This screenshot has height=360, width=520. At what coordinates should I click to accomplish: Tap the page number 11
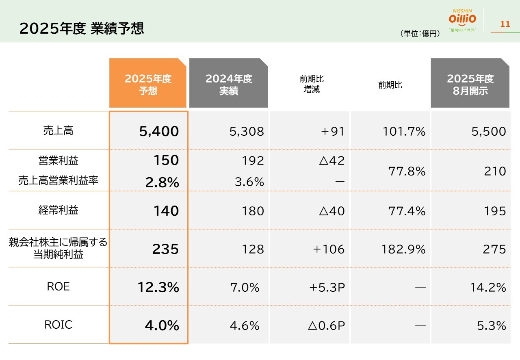[x=505, y=24]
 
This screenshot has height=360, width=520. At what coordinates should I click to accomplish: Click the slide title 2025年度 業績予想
[x=82, y=29]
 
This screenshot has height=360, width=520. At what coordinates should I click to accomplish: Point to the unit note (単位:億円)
[x=420, y=34]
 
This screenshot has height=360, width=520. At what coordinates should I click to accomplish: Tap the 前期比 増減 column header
[x=312, y=84]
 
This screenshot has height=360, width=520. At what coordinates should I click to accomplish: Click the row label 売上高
[x=58, y=131]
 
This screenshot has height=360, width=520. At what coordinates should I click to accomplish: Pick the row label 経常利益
[x=58, y=210]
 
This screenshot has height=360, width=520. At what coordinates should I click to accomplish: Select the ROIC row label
[x=58, y=325]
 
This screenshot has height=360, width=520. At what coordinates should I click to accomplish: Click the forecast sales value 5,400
[x=159, y=131]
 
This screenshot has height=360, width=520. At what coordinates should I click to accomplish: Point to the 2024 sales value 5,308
[x=247, y=131]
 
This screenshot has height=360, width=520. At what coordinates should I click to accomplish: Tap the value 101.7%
[x=404, y=131]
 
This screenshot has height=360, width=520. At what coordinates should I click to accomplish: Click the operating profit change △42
[x=331, y=160]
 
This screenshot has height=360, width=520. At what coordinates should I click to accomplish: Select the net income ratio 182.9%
[x=403, y=249]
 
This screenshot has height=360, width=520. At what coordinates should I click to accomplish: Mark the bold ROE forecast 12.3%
[x=158, y=287]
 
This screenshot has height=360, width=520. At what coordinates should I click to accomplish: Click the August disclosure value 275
[x=494, y=249]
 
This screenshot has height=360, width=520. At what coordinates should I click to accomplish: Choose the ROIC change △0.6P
[x=326, y=325]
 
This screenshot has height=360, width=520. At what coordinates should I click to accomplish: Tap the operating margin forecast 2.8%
[x=162, y=182]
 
